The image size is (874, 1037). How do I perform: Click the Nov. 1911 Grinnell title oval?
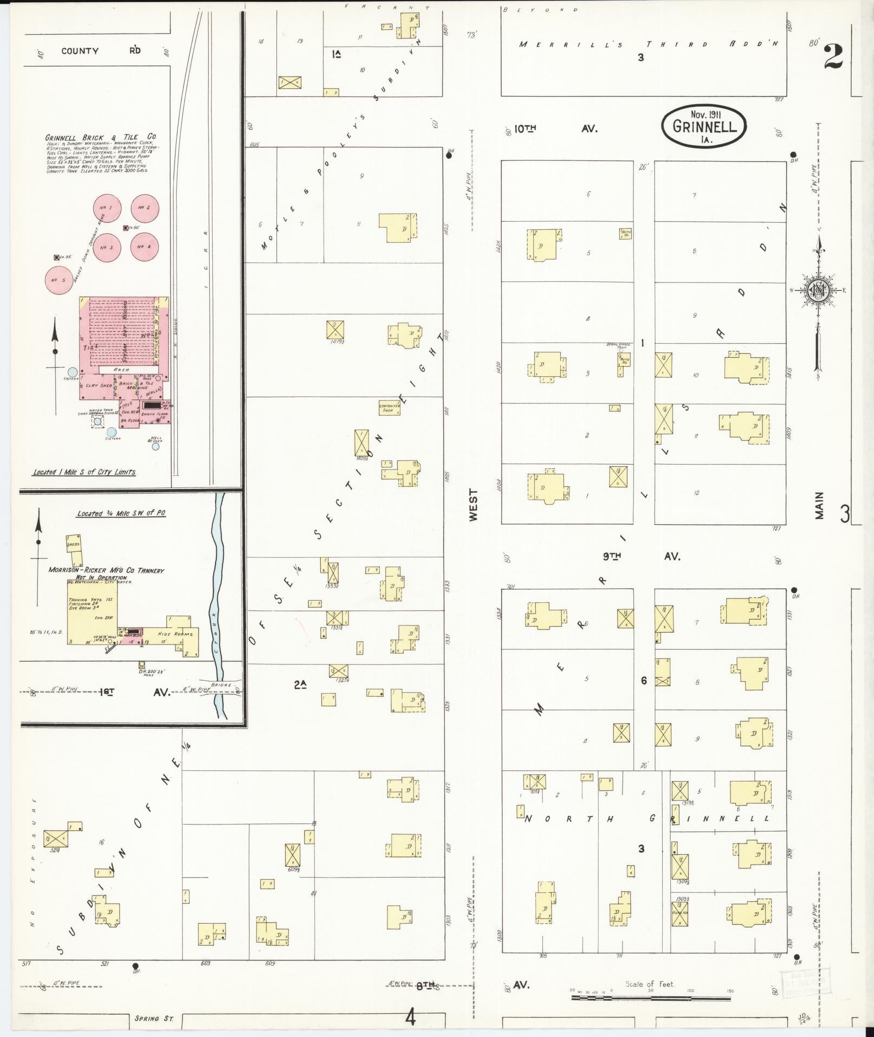click(x=703, y=126)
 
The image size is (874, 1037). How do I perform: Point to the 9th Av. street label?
click(x=641, y=556)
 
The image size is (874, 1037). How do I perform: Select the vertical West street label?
click(x=474, y=505)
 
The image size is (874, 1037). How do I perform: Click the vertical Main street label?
click(x=819, y=505)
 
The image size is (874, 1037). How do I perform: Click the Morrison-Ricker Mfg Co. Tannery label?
click(x=106, y=570)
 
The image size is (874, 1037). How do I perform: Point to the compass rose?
click(x=817, y=291)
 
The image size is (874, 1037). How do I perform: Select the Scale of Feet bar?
click(x=651, y=996)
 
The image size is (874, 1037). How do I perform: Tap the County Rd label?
click(x=98, y=51)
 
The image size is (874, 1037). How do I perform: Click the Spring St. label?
click(x=154, y=1019)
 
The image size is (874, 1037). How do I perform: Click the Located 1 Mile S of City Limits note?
click(x=84, y=472)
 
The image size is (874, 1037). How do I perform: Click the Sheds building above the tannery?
click(x=74, y=544)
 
